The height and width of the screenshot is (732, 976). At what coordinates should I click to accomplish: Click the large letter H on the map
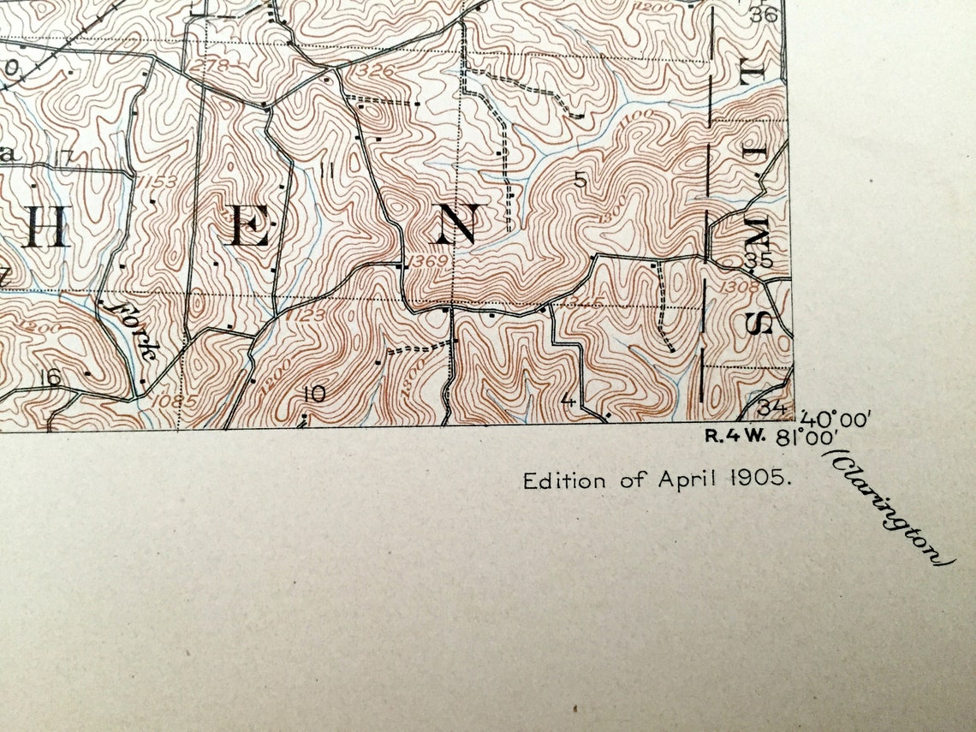47,229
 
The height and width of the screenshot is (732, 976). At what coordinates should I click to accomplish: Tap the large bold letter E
250,229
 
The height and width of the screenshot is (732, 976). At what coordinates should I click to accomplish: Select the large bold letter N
455,226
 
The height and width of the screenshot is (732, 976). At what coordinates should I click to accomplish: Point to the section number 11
325,170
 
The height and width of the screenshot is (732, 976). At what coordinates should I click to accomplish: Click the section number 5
580,180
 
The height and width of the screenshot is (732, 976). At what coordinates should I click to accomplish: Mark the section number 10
314,394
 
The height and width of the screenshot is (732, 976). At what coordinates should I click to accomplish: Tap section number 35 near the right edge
759,261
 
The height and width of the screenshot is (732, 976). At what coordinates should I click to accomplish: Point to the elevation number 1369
428,261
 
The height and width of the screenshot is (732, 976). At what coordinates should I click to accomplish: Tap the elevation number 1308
741,287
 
